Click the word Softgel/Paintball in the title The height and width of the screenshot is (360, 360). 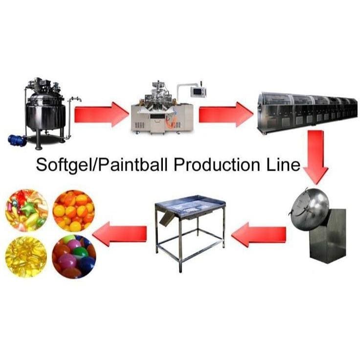[x=102, y=165]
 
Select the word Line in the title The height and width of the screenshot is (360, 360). [x=283, y=165]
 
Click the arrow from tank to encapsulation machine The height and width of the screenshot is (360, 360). [x=101, y=115]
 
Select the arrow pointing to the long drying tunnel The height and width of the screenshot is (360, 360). [x=226, y=115]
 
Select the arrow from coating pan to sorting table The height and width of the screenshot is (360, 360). [x=259, y=234]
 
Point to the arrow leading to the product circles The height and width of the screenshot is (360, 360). [x=119, y=234]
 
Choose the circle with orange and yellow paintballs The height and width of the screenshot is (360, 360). [x=74, y=211]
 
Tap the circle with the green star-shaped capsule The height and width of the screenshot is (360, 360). [x=26, y=210]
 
